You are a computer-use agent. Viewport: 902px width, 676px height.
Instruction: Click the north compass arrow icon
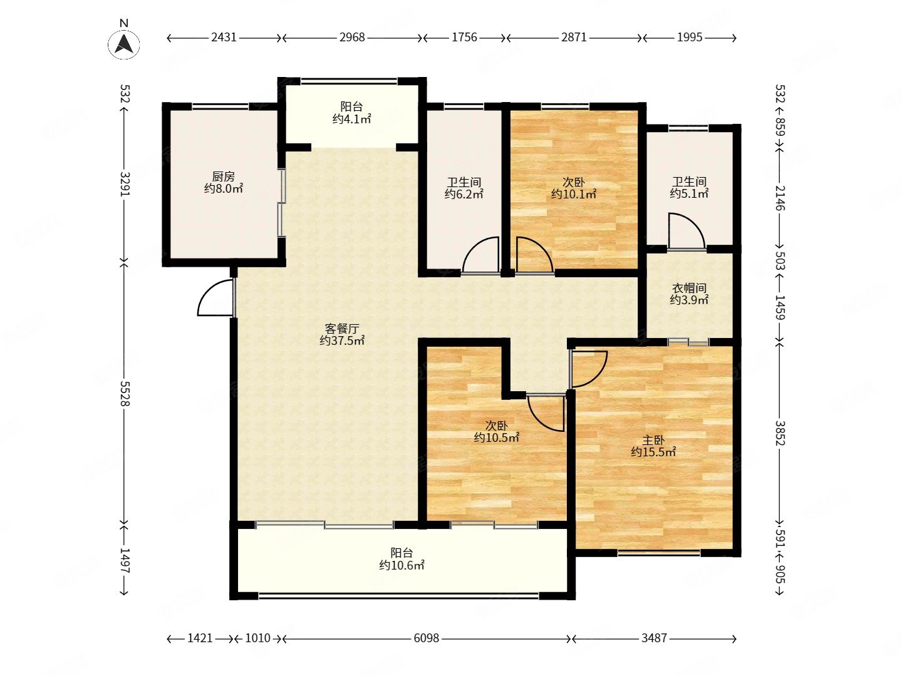[123, 43]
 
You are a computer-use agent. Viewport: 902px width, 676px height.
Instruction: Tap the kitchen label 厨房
[223, 177]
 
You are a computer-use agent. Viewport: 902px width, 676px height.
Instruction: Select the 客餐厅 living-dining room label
[342, 329]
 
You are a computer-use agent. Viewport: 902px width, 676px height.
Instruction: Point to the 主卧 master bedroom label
[653, 441]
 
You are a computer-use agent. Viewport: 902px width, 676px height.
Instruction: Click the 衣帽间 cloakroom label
[689, 288]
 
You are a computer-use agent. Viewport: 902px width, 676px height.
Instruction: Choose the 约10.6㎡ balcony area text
[402, 565]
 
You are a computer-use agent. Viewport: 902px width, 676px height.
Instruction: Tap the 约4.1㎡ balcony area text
[352, 119]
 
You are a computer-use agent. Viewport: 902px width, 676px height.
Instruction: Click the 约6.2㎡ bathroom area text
[464, 194]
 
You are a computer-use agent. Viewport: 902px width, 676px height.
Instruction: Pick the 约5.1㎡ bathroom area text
[689, 193]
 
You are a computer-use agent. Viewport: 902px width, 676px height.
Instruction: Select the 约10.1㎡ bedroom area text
[574, 194]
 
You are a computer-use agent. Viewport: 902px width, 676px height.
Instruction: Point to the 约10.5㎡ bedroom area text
[496, 438]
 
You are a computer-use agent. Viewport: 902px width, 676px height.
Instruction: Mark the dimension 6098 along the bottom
[426, 638]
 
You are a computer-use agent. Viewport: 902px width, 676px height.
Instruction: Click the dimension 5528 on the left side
[125, 394]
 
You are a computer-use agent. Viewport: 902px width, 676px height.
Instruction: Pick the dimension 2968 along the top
[352, 38]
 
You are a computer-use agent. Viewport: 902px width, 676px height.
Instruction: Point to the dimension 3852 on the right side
[780, 433]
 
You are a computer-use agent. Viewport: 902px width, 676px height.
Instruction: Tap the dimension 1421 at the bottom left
[200, 638]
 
